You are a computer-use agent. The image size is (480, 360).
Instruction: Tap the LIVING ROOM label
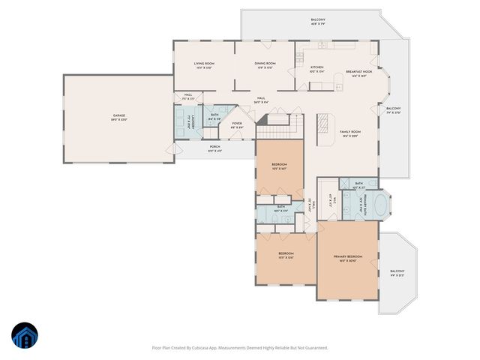[x=204, y=65]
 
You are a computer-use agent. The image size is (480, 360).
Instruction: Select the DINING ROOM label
[x=265, y=65]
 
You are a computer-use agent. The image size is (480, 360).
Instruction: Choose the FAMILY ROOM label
[x=350, y=133]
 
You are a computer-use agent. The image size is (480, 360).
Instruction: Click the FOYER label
[x=236, y=124]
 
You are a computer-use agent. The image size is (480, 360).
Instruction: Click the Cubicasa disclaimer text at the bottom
[x=240, y=347]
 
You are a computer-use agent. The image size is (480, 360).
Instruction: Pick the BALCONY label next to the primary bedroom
[x=397, y=272]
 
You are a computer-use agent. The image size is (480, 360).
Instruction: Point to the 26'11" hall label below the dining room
[x=261, y=100]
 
